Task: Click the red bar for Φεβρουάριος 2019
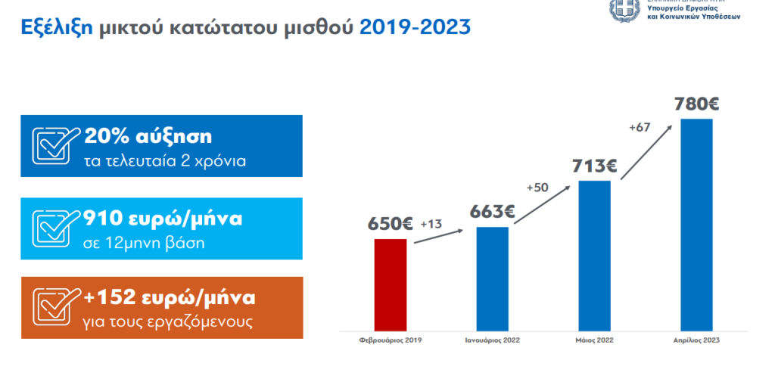391,286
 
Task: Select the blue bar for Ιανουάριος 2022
492,280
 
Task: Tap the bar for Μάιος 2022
594,257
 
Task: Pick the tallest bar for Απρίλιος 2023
696,226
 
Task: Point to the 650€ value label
390,225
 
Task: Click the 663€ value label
492,212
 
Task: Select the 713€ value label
594,166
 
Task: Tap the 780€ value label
696,104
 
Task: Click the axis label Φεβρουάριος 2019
391,340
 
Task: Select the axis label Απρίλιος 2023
696,340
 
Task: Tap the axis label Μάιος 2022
594,340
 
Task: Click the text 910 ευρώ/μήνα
163,219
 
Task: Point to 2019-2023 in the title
415,28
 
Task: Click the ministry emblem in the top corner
624,10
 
